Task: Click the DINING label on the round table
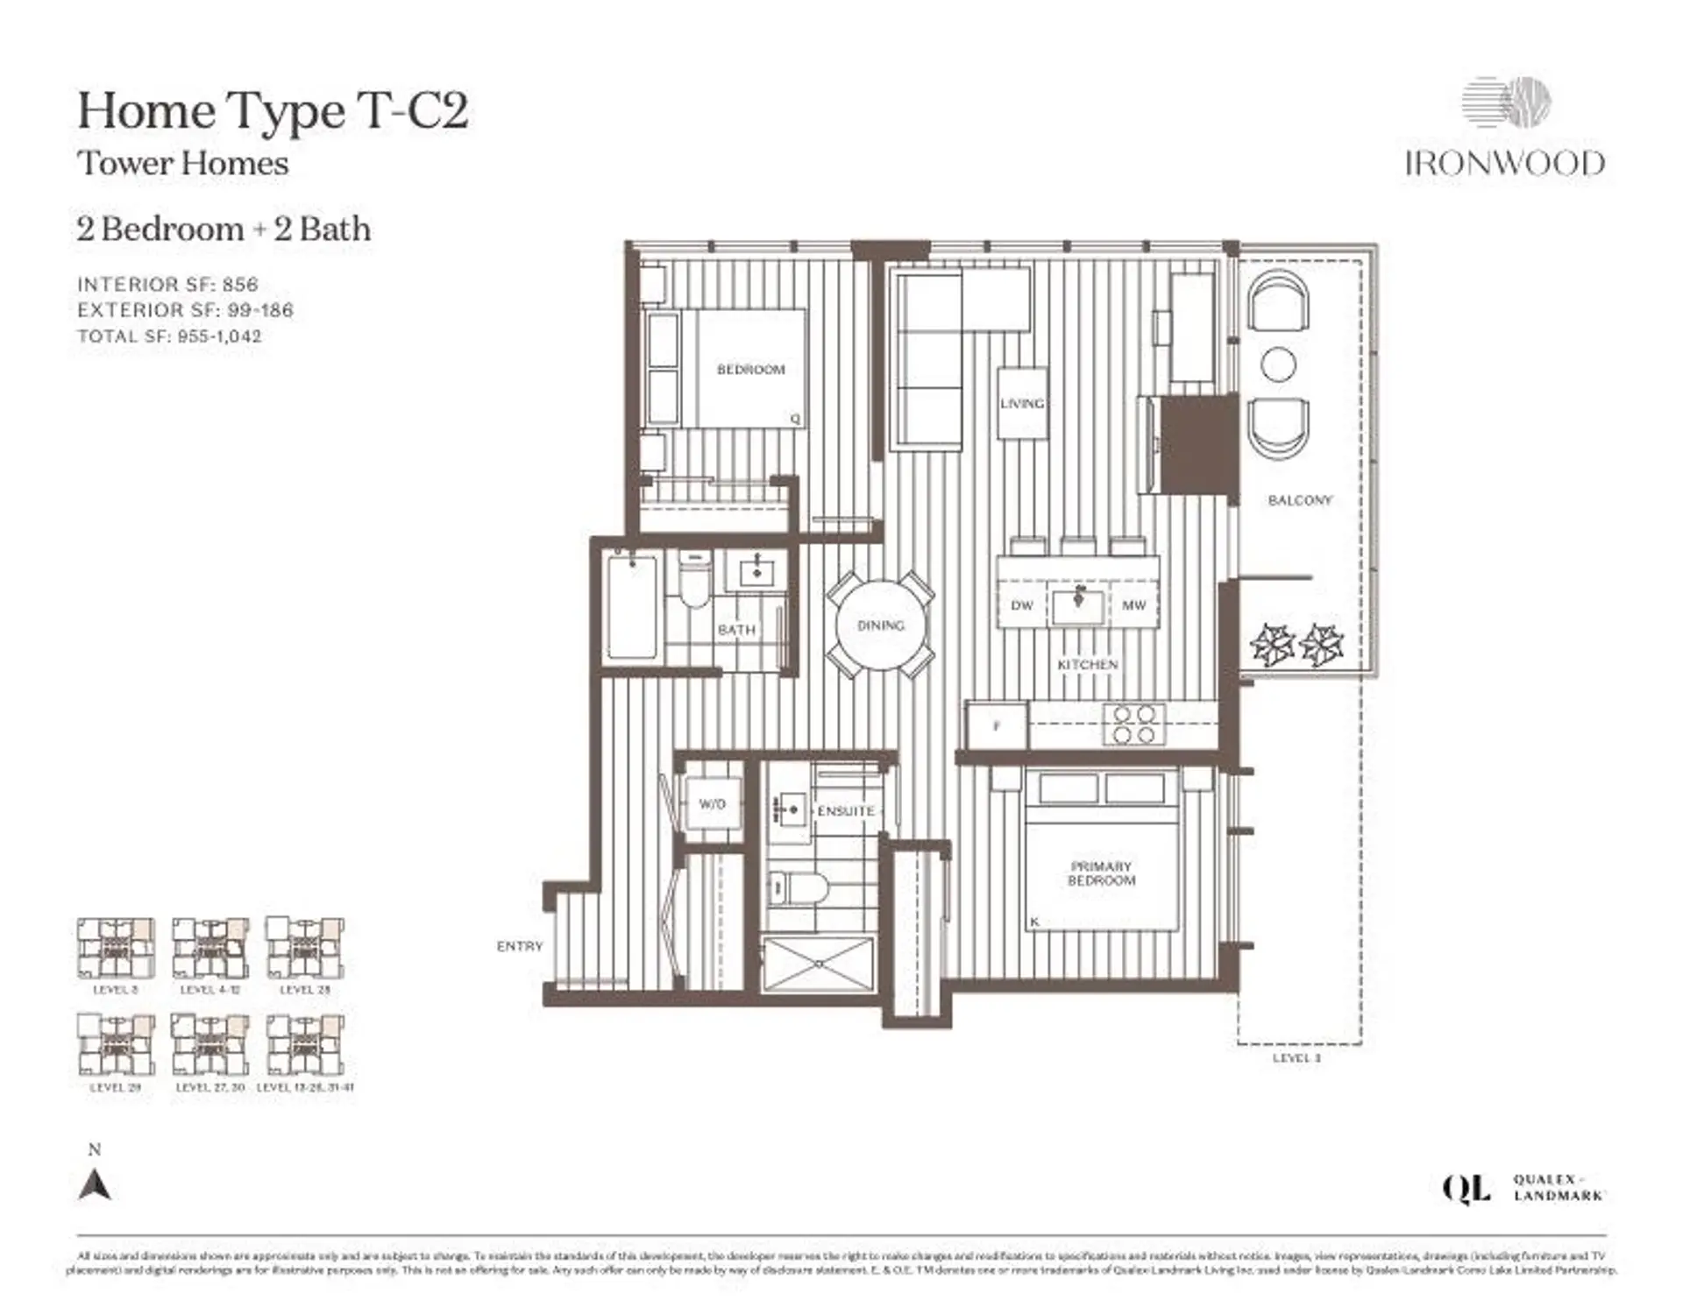click(880, 625)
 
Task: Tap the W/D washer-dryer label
click(712, 803)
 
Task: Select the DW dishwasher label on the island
click(1022, 605)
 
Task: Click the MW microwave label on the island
click(1133, 605)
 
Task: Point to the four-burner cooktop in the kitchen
click(1133, 724)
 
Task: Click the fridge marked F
click(997, 725)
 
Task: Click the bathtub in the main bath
click(632, 606)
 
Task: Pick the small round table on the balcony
click(1278, 364)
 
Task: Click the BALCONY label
click(1299, 500)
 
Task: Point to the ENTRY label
click(520, 946)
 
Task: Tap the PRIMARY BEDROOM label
click(1101, 873)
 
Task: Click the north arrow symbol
click(95, 1184)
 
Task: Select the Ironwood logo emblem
click(1506, 102)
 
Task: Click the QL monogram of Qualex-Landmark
click(1466, 1189)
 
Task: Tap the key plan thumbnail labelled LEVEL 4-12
click(210, 948)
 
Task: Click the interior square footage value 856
click(240, 285)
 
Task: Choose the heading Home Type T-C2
click(273, 111)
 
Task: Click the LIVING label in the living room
click(1022, 404)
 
